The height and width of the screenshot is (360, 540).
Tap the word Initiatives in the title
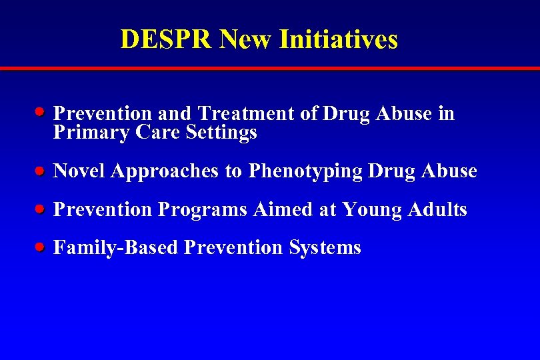coord(339,39)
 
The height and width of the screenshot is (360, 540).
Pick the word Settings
coord(222,133)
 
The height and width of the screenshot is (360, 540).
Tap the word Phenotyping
coord(305,171)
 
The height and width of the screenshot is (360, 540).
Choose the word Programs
coord(203,210)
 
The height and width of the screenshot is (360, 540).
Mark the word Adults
coord(438,210)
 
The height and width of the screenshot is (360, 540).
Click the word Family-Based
coord(115,248)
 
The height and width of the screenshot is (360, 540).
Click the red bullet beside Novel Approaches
coord(41,171)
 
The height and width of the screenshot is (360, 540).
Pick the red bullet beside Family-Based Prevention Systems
coord(41,247)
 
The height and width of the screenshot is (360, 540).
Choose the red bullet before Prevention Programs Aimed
coord(41,209)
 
